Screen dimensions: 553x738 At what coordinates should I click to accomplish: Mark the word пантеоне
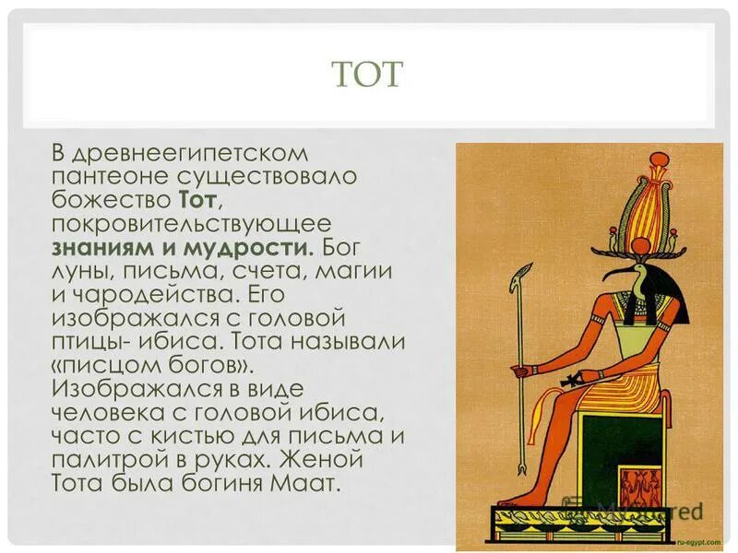pos(104,175)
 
